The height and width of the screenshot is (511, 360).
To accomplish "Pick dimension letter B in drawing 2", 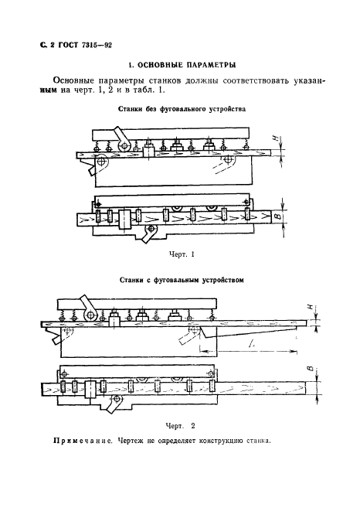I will [308, 370].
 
